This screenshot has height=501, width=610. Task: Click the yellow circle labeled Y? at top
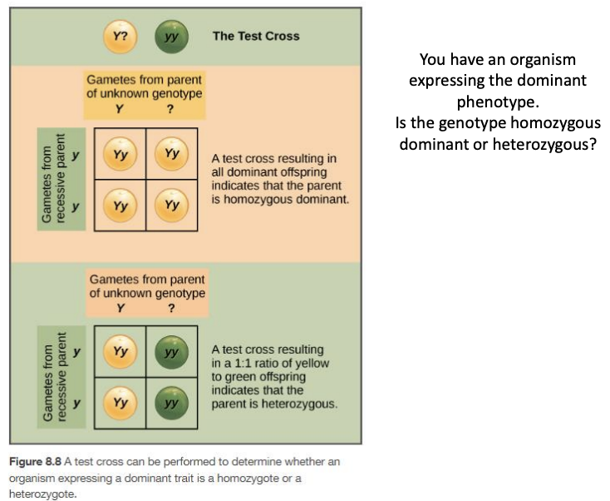(x=121, y=36)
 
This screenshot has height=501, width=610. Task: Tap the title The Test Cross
(x=256, y=36)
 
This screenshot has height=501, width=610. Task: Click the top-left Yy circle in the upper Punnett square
(x=121, y=154)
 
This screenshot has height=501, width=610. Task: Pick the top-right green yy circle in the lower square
(x=172, y=351)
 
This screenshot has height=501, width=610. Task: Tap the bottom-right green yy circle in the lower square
(x=172, y=403)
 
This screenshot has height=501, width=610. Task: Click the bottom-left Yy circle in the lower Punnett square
(x=121, y=403)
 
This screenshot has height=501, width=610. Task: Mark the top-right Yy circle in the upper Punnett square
(x=172, y=154)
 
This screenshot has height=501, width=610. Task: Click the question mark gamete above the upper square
(x=170, y=109)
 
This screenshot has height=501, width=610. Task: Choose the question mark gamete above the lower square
(x=171, y=308)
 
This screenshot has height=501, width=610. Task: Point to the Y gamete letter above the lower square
(x=121, y=308)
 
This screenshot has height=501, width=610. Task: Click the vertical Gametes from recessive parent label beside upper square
(x=51, y=179)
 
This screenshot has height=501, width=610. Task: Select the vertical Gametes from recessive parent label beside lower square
(x=51, y=377)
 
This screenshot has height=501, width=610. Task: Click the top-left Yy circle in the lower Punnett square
(x=121, y=351)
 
